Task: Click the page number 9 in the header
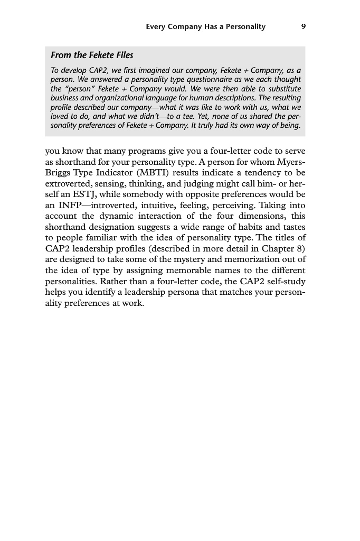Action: click(302, 26)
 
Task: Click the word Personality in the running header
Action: click(241, 26)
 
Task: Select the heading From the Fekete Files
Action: click(92, 55)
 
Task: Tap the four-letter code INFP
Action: click(69, 204)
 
